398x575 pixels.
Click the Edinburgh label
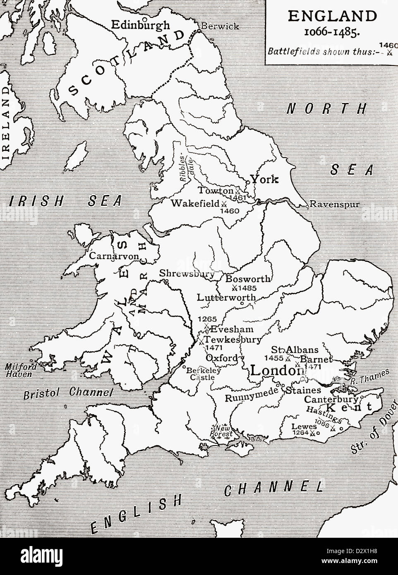(141, 25)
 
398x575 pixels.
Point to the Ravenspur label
(335, 204)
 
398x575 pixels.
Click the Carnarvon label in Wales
(113, 256)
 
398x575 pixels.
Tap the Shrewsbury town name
(187, 274)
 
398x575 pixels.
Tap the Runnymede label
(250, 398)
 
